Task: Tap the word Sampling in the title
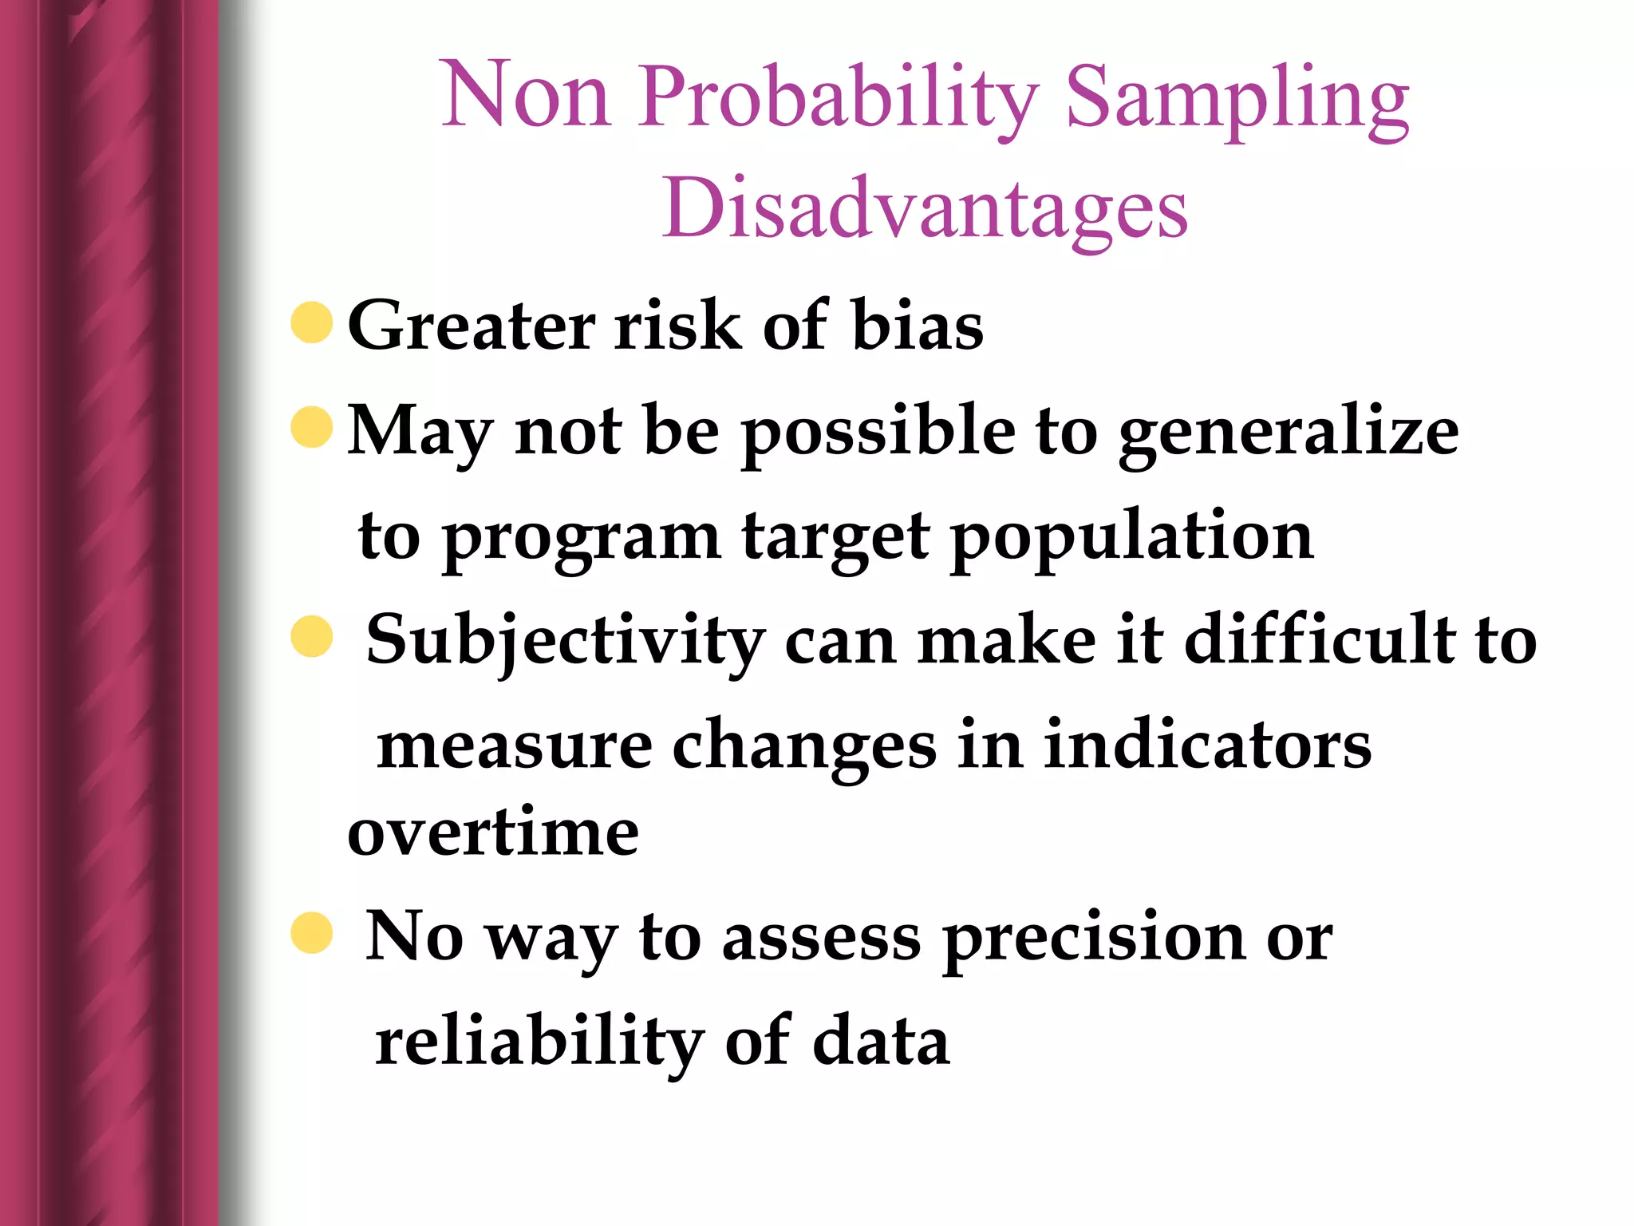[1237, 99]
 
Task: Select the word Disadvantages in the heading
[925, 209]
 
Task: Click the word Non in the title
[526, 96]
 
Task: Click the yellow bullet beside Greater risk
[312, 322]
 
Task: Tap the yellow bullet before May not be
[312, 427]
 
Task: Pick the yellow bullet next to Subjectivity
[312, 636]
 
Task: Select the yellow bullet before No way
[312, 933]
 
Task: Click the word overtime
[493, 832]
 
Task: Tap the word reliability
[539, 1042]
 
